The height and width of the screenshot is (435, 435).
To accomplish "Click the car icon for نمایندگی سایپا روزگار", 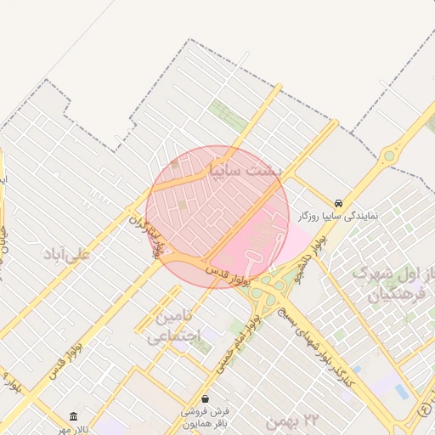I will point(338,204).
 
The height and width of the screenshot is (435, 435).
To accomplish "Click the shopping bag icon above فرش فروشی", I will point(205,398).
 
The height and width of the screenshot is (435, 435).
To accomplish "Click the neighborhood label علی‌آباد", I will point(66,253).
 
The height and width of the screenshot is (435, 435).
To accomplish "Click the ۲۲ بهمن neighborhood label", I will point(291,419).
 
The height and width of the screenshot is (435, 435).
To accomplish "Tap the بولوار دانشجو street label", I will point(308,259).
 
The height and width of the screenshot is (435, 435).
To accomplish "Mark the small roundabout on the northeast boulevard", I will point(389,155).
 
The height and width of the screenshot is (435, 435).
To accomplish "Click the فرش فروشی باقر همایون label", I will point(206,415).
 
